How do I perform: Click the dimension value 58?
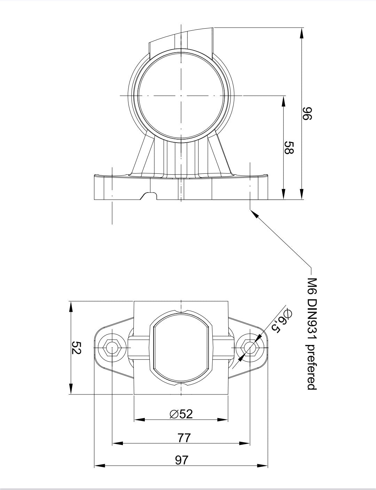click(289, 148)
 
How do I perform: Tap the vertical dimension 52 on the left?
click(76, 347)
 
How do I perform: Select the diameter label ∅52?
click(181, 414)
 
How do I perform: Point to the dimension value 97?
click(181, 460)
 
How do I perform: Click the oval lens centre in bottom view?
click(181, 348)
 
